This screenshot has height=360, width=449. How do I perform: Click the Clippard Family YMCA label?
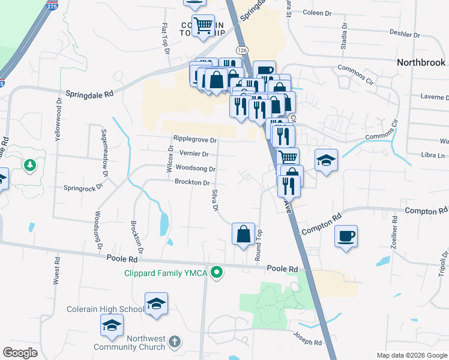tap(165, 273)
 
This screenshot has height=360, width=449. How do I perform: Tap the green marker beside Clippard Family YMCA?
tap(218, 272)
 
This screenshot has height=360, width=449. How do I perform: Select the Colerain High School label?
tap(106, 309)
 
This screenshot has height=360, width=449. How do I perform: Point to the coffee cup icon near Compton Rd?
tap(346, 236)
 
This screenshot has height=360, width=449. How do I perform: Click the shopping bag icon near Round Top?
tap(243, 233)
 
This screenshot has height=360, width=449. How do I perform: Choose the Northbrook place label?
tap(421, 62)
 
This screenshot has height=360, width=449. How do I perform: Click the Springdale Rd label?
tap(89, 94)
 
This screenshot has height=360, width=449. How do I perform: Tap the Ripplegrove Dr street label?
tap(194, 140)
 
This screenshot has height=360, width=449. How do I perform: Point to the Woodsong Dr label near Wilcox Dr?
tap(196, 169)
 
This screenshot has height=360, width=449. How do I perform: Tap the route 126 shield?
tap(241, 49)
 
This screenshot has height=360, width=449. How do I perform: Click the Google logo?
tap(21, 353)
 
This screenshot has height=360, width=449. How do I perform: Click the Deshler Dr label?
tap(405, 34)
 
